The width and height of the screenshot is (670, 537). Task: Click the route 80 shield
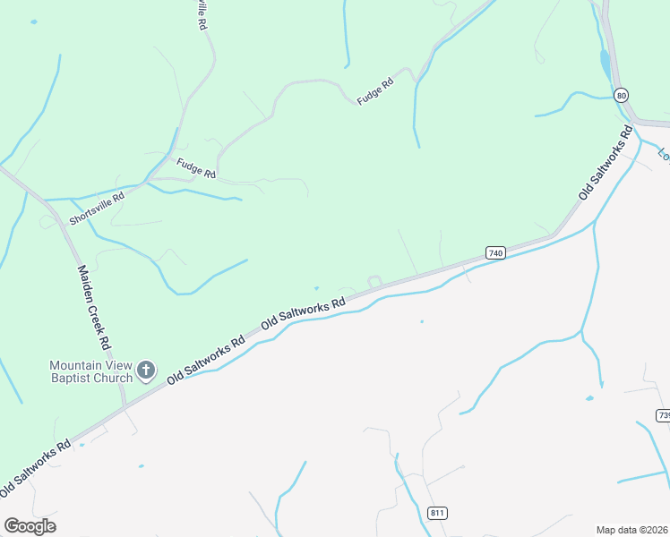coord(621,95)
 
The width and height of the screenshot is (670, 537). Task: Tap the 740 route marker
coord(495,253)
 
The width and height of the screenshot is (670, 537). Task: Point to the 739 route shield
coord(663,415)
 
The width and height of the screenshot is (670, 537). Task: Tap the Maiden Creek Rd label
coord(93,307)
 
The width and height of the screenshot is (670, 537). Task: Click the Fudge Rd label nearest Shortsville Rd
coord(196,167)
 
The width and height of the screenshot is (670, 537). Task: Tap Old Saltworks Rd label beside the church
coord(206,361)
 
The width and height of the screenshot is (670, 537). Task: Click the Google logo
coord(30,526)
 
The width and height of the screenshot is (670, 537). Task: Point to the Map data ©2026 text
coord(631,529)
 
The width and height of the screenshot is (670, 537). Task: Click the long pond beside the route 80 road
coord(605,63)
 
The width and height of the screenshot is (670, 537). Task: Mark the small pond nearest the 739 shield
coord(588,397)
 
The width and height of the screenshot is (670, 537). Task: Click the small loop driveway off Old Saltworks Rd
coord(374,282)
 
